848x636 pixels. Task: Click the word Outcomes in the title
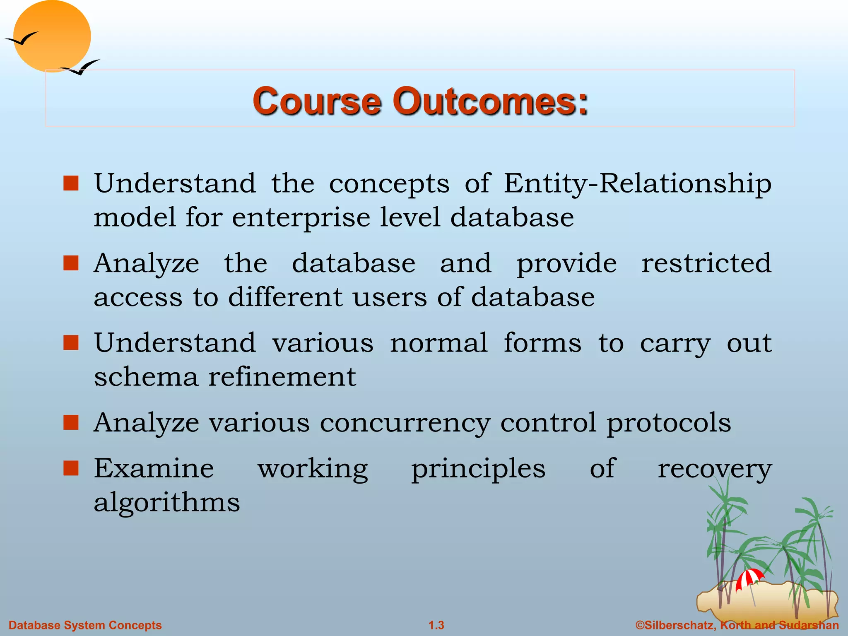click(490, 101)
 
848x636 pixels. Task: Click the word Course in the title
click(317, 101)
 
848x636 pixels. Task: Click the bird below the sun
click(81, 67)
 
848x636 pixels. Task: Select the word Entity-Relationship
click(638, 183)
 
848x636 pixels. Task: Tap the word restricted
click(706, 263)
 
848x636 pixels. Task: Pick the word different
click(285, 297)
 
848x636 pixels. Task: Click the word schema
click(146, 377)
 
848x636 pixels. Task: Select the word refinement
click(282, 377)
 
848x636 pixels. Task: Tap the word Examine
click(154, 469)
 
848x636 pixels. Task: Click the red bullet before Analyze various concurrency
click(71, 423)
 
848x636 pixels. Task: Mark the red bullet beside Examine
click(71, 468)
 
